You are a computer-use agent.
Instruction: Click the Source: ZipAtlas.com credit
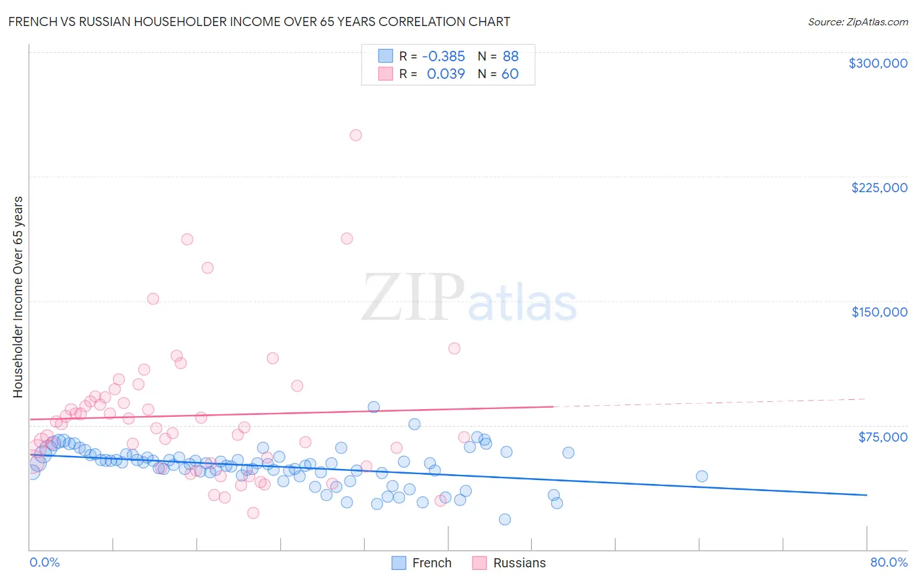(x=857, y=21)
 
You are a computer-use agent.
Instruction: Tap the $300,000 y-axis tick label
(x=878, y=63)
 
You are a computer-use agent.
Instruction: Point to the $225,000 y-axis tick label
(x=879, y=188)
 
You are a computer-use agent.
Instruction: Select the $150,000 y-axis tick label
(x=879, y=312)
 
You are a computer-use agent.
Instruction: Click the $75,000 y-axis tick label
(x=882, y=437)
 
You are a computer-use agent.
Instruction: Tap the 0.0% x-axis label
(x=44, y=562)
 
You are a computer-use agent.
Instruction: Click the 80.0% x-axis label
(x=889, y=562)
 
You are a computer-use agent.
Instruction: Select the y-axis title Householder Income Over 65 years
(x=18, y=296)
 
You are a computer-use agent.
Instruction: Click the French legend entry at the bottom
(x=431, y=563)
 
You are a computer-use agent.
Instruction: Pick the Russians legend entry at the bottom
(x=519, y=563)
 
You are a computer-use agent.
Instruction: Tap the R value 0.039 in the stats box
(x=446, y=74)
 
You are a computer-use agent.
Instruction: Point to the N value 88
(x=510, y=56)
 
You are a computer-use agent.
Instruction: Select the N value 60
(x=510, y=74)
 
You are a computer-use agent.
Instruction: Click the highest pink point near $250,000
(x=356, y=135)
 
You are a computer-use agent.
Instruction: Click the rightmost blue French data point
(x=702, y=476)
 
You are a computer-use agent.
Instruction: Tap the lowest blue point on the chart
(x=505, y=519)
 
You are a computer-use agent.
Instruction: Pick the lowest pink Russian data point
(x=253, y=513)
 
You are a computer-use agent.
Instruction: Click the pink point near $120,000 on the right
(x=454, y=348)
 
